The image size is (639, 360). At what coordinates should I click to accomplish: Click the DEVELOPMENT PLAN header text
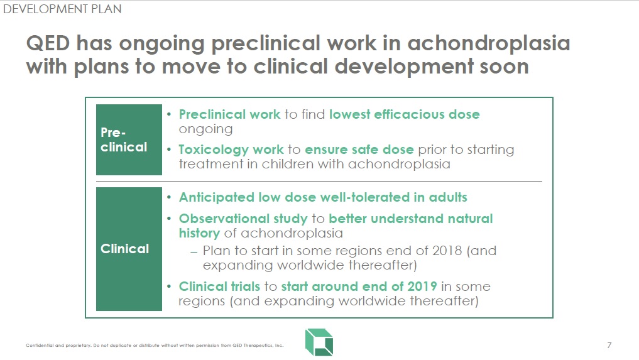[62, 9]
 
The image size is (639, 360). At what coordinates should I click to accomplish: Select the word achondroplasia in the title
[488, 43]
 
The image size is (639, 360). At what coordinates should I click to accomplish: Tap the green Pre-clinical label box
[129, 140]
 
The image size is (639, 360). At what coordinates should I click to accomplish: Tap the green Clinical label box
[129, 249]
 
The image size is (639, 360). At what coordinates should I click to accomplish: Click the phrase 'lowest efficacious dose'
[404, 114]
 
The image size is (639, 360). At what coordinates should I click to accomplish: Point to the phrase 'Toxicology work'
[231, 150]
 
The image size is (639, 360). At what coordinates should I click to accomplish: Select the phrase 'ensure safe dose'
[359, 150]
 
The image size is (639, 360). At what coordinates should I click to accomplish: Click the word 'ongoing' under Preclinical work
[206, 129]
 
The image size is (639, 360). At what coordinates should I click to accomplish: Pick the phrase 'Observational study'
[243, 219]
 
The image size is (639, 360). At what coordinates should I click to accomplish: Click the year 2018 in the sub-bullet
[447, 250]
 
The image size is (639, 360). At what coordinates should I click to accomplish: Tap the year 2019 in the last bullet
[422, 286]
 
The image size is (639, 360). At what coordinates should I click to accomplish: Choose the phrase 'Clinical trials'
[219, 286]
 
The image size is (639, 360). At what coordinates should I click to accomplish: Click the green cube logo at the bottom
[319, 342]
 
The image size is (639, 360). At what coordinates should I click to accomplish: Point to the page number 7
[609, 346]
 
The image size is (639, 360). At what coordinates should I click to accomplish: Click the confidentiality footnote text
[155, 346]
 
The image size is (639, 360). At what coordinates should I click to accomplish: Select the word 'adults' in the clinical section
[448, 197]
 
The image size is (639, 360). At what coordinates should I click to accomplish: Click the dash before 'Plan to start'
[194, 251]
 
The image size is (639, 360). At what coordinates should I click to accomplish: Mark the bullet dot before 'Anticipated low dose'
[169, 197]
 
